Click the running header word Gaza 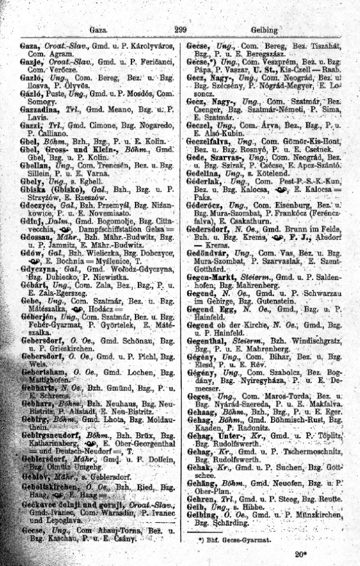(97, 29)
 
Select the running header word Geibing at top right (265, 30)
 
